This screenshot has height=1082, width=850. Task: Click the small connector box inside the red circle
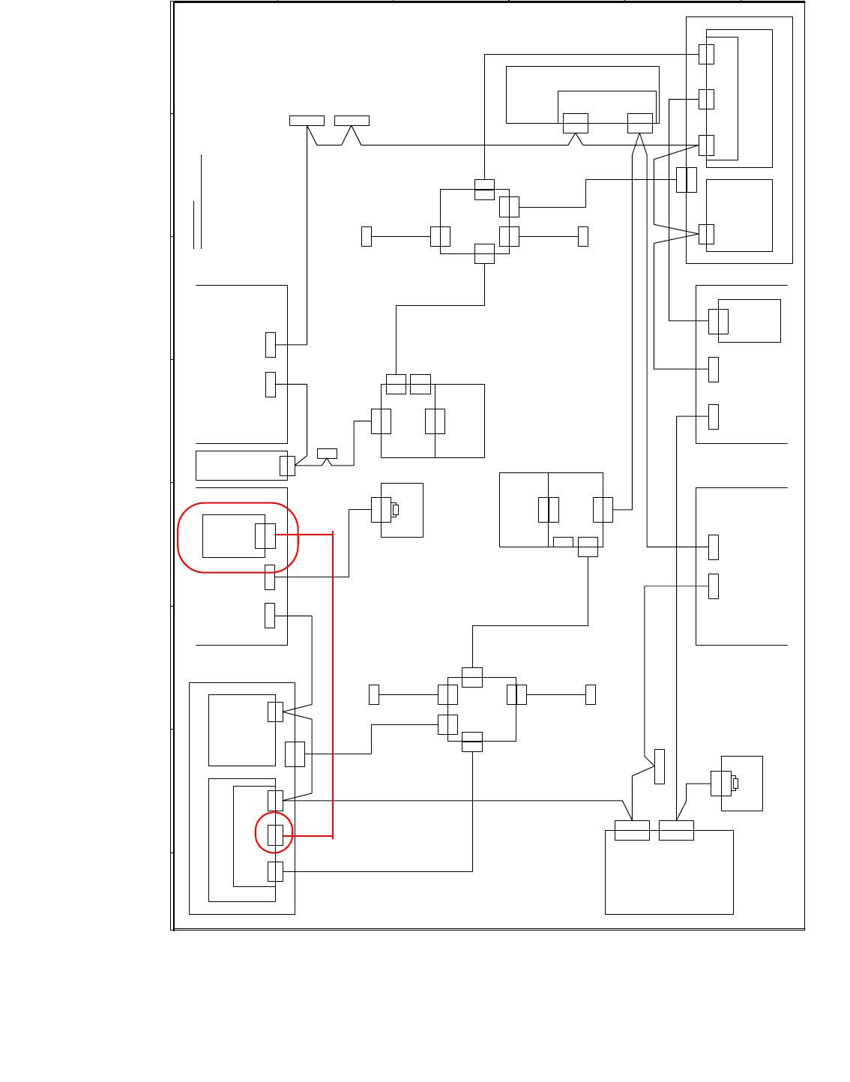pyautogui.click(x=275, y=835)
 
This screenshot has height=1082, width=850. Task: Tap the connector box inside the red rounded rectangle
pyautogui.click(x=265, y=536)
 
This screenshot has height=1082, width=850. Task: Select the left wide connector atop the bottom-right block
pyautogui.click(x=632, y=830)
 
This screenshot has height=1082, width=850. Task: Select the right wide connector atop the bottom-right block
pyautogui.click(x=676, y=830)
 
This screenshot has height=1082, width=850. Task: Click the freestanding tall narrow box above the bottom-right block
pyautogui.click(x=660, y=766)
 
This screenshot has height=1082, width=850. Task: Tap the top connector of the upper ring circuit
pyautogui.click(x=484, y=190)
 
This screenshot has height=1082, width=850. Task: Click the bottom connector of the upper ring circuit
pyautogui.click(x=484, y=253)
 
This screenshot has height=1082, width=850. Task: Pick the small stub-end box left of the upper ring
pyautogui.click(x=367, y=236)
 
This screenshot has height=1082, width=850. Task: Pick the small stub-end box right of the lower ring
pyautogui.click(x=591, y=694)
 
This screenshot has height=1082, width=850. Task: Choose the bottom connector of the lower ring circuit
pyautogui.click(x=472, y=742)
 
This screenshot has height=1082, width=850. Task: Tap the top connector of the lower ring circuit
pyautogui.click(x=472, y=677)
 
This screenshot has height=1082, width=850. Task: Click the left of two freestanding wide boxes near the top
pyautogui.click(x=307, y=121)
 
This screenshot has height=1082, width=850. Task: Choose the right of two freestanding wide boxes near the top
pyautogui.click(x=352, y=121)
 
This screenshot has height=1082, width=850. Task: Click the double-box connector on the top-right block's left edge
pyautogui.click(x=687, y=180)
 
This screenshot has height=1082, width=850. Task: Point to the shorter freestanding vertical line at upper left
pyautogui.click(x=194, y=224)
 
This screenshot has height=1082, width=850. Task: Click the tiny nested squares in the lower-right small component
pyautogui.click(x=735, y=784)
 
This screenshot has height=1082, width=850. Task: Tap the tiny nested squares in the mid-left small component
pyautogui.click(x=395, y=510)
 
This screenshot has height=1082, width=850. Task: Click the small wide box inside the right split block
pyautogui.click(x=563, y=541)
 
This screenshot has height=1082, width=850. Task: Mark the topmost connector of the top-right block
pyautogui.click(x=706, y=54)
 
